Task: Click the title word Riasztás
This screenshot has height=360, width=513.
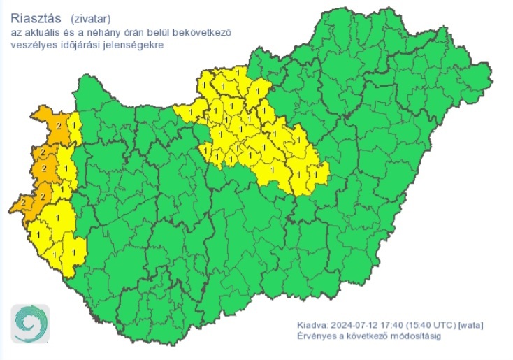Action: (x=33, y=18)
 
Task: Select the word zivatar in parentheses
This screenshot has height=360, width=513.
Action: (x=90, y=19)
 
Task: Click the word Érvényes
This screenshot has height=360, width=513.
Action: (x=315, y=337)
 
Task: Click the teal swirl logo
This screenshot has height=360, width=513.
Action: (x=30, y=324)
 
